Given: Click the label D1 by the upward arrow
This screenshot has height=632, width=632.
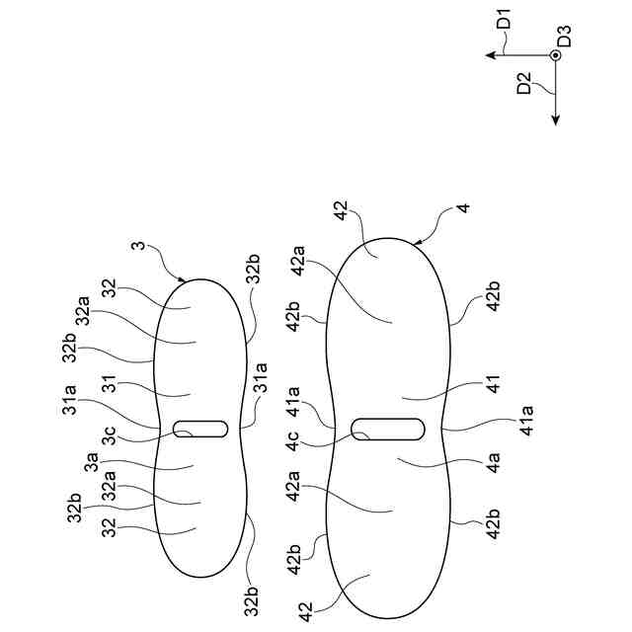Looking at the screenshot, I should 505,22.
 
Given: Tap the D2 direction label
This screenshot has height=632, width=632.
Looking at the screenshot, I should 524,84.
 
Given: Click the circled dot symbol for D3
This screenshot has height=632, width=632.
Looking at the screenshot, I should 555,56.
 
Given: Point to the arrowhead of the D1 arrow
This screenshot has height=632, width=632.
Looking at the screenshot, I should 489,56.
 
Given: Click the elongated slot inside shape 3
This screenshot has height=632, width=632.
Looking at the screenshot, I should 200,429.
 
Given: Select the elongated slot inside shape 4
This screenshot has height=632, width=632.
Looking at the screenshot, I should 389,429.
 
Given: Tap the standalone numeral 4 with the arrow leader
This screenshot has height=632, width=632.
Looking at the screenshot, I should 462,210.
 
